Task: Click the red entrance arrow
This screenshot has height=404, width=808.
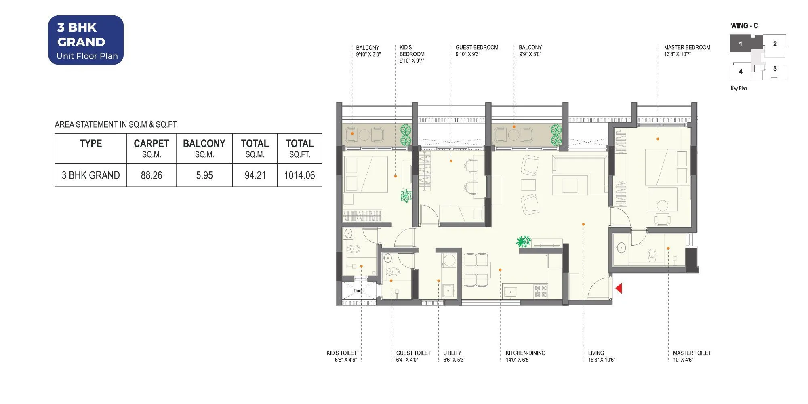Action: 619,288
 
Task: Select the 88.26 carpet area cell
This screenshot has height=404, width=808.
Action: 151,175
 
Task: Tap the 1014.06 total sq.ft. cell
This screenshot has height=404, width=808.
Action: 299,175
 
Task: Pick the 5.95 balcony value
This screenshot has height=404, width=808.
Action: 204,175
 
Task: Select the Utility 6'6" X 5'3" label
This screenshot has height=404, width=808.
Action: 454,356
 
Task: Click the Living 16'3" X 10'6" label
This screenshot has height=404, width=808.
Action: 601,356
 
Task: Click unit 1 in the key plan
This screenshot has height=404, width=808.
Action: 740,44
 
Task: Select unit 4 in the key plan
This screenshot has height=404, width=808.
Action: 741,72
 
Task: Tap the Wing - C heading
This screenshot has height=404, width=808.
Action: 744,26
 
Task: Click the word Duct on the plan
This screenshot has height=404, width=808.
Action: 358,290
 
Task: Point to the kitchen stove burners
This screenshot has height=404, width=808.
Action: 541,291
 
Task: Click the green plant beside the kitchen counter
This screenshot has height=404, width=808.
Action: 524,242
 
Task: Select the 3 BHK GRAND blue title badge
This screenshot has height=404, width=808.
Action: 86,40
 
